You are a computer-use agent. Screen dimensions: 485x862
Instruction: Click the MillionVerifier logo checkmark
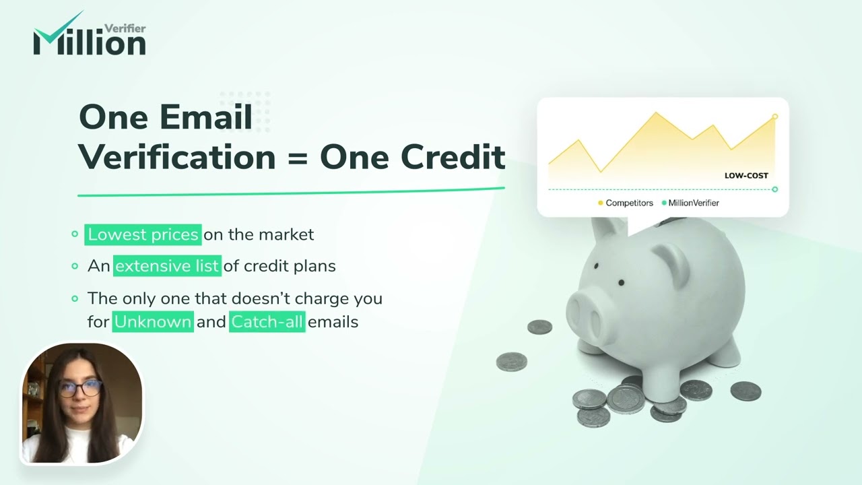(x=57, y=30)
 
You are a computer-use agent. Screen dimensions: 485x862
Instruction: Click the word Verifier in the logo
(x=125, y=28)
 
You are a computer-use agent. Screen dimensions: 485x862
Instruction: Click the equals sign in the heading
(x=297, y=157)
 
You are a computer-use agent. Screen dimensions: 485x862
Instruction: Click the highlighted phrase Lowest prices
(x=143, y=234)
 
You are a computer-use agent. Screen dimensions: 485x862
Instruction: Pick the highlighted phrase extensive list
(x=167, y=266)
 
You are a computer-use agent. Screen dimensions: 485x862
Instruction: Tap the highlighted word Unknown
(x=154, y=322)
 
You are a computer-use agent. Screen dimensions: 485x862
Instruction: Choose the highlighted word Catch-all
(x=267, y=322)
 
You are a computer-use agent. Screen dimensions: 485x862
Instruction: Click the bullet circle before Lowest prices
(x=75, y=234)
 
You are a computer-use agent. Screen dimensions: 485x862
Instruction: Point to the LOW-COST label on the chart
(x=746, y=176)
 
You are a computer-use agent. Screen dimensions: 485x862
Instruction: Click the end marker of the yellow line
(x=775, y=117)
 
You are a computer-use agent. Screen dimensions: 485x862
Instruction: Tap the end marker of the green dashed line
(x=775, y=189)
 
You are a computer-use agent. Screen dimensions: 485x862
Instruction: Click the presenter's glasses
(x=79, y=389)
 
